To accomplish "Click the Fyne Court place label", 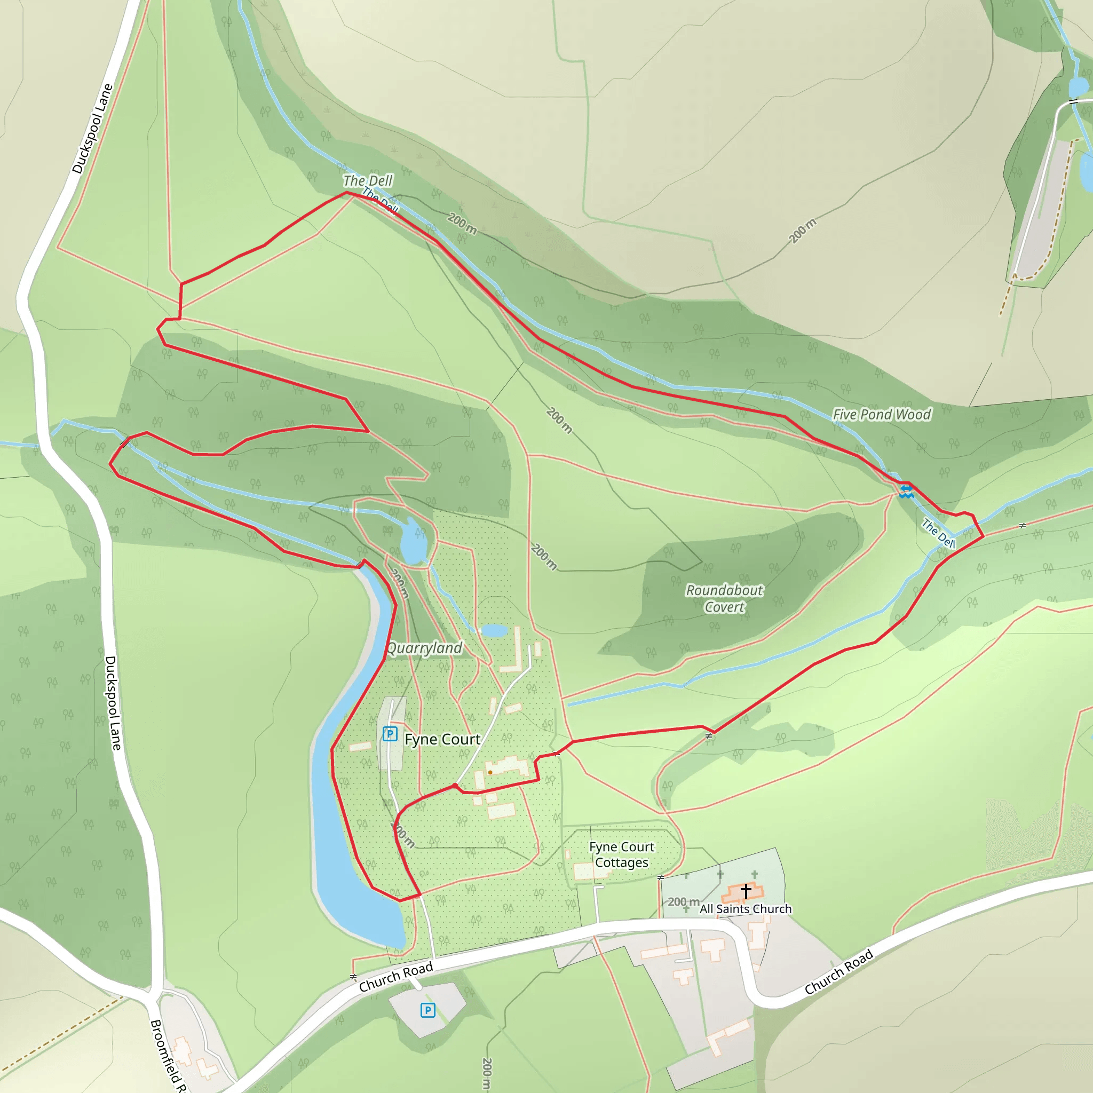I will tap(442, 739).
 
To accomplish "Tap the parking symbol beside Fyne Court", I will tap(390, 734).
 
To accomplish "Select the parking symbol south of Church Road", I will tap(427, 1010).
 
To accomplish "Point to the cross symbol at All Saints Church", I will tap(746, 891).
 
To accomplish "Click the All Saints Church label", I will tap(746, 908).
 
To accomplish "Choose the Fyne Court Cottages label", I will tap(621, 854).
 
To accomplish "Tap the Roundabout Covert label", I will tap(724, 599).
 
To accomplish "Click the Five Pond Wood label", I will tap(882, 415).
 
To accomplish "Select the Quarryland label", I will tap(424, 648).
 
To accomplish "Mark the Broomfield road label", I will tap(168, 1055).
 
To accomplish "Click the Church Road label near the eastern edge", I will tap(839, 972).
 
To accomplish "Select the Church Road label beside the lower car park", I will tap(396, 977).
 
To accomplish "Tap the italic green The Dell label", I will tap(368, 180).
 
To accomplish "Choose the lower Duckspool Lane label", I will tap(113, 703).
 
